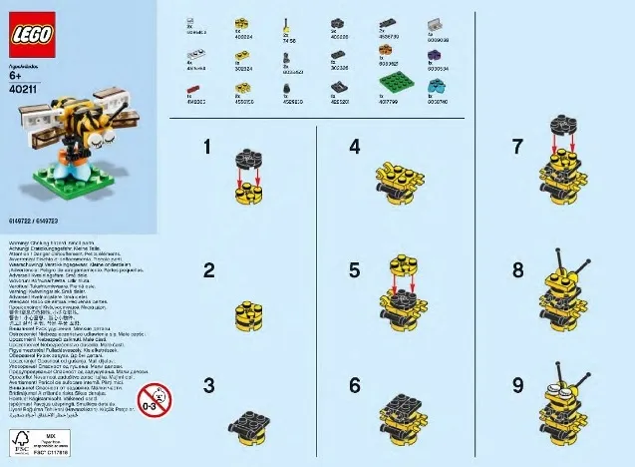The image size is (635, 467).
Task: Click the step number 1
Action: pyautogui.click(x=207, y=147)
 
